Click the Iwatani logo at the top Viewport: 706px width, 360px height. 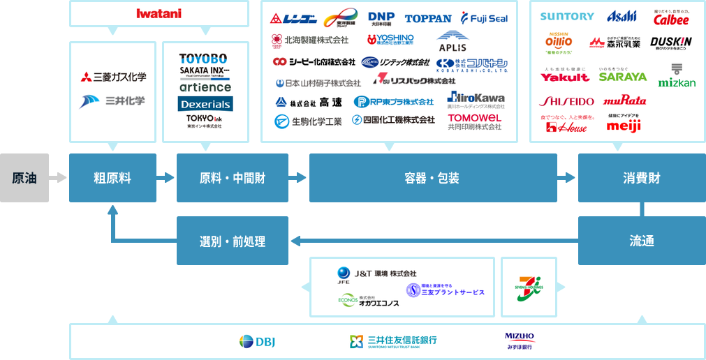159,13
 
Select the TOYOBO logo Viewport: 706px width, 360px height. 203,59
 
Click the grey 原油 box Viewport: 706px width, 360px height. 24,178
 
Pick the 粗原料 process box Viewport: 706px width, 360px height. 112,178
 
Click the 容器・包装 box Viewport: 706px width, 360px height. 433,178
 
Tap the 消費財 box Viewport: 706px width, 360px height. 642,178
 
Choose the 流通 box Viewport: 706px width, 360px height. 642,241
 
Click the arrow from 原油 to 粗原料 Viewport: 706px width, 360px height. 59,178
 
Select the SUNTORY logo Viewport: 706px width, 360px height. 567,16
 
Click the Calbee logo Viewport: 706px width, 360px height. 670,18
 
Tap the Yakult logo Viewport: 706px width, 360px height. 565,77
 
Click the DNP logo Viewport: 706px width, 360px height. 381,17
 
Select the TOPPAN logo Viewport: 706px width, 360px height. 428,18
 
